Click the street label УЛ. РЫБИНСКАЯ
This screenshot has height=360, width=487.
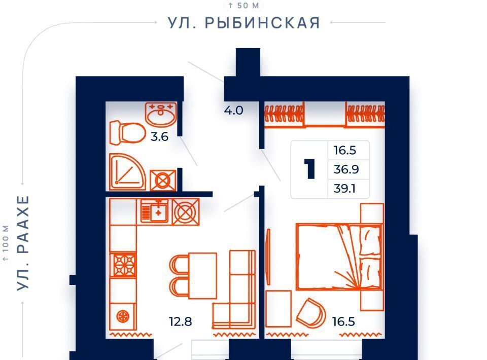[244, 23]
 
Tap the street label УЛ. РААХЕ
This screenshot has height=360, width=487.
[23, 243]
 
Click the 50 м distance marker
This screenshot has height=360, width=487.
[243, 6]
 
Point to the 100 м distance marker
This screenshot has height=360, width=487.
[6, 243]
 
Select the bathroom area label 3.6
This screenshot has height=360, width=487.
[159, 136]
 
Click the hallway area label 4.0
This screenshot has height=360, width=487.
[233, 110]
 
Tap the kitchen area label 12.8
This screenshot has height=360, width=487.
[181, 321]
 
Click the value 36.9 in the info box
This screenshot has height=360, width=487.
[346, 169]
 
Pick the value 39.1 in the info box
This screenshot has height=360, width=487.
[345, 189]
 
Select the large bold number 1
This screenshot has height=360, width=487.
[309, 169]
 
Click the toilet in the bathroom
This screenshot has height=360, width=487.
[127, 133]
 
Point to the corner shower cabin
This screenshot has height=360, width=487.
[127, 171]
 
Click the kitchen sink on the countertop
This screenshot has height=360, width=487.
[154, 211]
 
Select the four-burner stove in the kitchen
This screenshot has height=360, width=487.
[123, 265]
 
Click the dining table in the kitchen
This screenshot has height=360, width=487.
[202, 276]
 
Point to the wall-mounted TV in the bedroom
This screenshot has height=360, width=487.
[268, 257]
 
